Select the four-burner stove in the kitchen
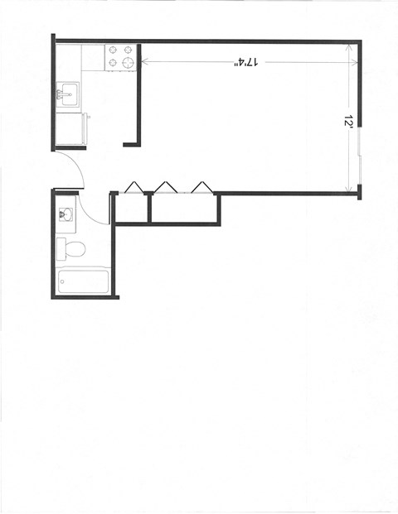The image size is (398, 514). point(120,56)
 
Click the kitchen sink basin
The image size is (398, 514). point(66,93)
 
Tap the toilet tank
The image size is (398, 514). point(61,247)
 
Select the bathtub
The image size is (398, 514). point(82,281)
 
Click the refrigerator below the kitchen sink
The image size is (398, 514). point(70,128)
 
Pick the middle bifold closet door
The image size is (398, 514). point(165,186)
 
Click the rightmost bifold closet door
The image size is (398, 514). point(200,186)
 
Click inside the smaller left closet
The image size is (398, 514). point(131,209)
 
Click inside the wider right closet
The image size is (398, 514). point(184,209)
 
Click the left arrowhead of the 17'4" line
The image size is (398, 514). point(144,61)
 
